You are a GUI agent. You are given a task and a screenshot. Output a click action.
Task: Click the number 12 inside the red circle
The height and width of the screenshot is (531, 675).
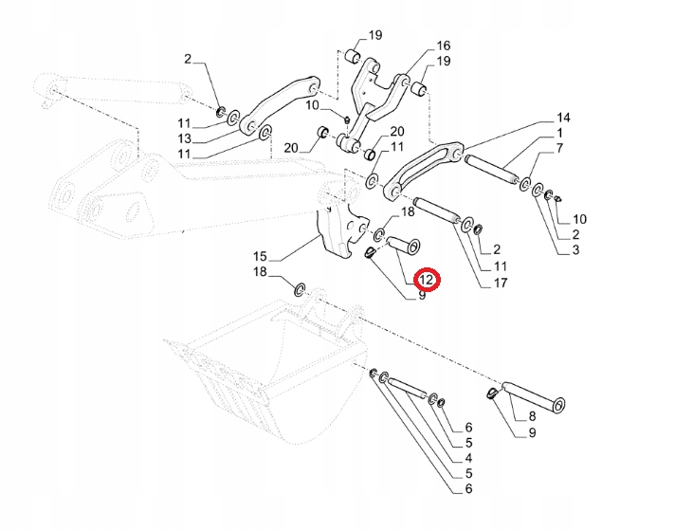pos(426,280)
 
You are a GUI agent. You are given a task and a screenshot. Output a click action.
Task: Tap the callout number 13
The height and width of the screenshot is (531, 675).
pos(185,138)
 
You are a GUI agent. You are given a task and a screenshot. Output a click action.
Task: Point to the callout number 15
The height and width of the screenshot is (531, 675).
pos(261,256)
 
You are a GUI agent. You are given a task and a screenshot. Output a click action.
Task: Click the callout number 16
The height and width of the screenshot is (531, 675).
pos(444,46)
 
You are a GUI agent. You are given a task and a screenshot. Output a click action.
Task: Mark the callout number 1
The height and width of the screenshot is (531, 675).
pos(559,133)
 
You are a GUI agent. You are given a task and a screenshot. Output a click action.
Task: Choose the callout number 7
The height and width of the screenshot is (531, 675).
pos(560,148)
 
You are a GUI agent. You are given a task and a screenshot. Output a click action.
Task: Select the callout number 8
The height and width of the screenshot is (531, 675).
pos(532,415)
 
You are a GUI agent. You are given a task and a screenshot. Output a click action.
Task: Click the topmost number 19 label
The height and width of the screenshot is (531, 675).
pos(374,36)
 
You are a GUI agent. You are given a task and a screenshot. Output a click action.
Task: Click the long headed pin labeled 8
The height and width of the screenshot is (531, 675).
pos(536,396)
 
